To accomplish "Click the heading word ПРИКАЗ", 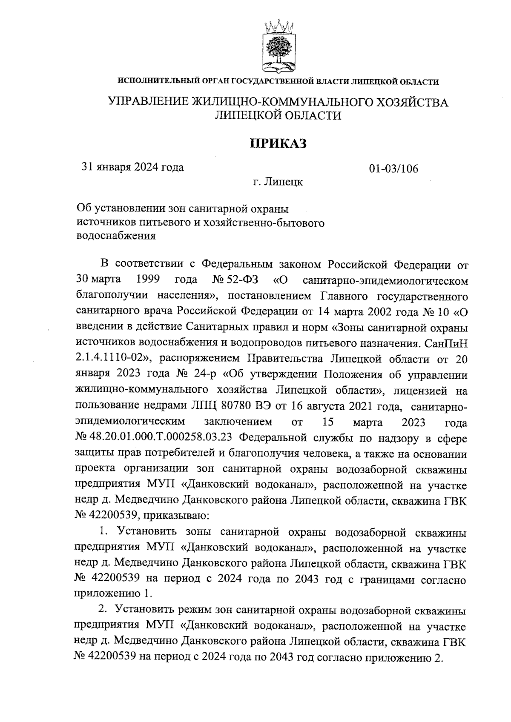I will pos(278,143).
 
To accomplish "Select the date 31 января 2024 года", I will pos(133,167).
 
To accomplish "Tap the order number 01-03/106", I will pos(393,169).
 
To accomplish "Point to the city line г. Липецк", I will pos(278,182).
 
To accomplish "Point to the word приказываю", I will pos(176,516).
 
